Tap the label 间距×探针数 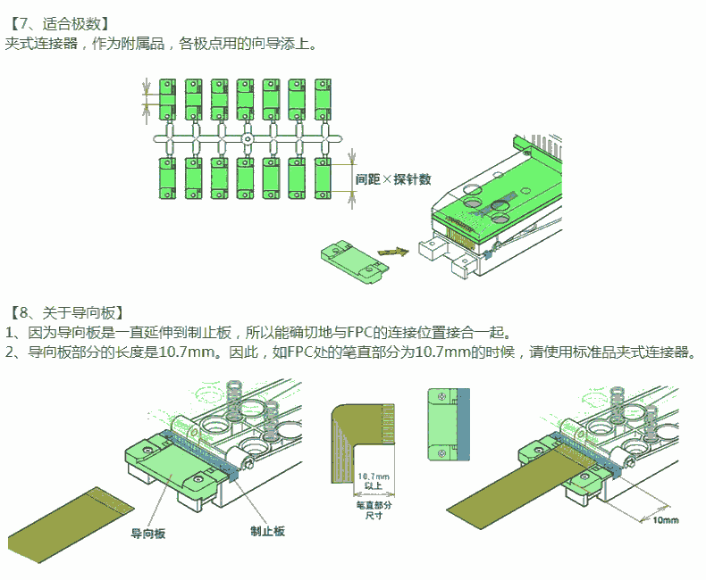pos(393,179)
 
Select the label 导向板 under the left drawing pos(148,534)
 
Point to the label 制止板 pos(267,531)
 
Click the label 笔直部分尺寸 pos(367,510)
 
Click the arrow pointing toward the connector pos(391,253)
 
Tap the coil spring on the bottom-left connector pos(235,402)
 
